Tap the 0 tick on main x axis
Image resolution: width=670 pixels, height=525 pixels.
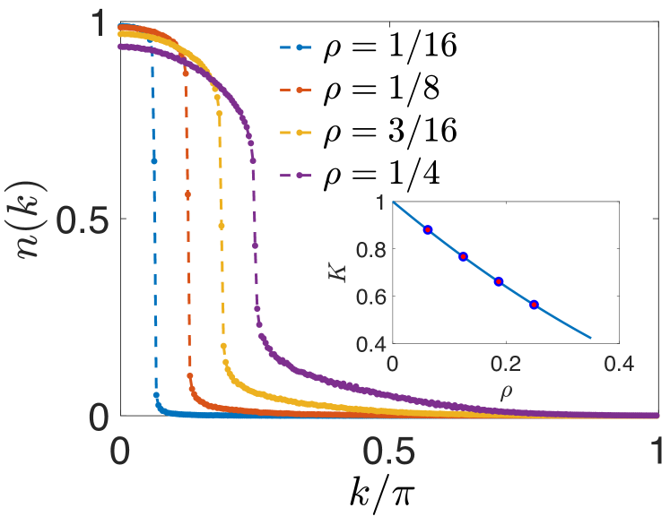tap(120, 451)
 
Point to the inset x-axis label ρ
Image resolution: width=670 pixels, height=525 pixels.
tap(505, 390)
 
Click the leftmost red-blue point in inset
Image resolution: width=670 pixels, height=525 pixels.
tap(428, 229)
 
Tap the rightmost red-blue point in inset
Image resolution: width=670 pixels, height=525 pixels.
tap(535, 305)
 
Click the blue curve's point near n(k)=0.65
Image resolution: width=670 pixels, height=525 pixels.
tap(153, 159)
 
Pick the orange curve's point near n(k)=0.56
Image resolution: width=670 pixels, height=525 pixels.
tap(187, 194)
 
